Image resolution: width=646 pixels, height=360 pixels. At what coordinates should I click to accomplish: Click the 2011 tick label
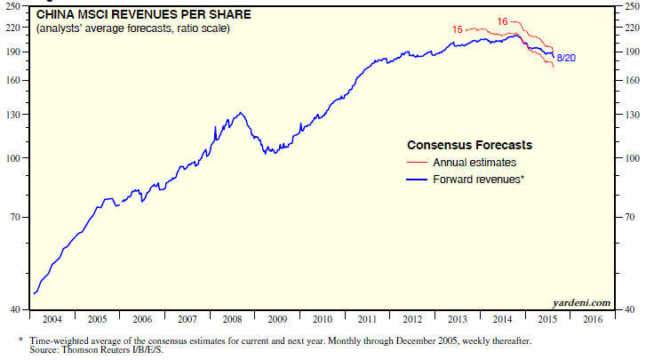pyautogui.click(x=366, y=318)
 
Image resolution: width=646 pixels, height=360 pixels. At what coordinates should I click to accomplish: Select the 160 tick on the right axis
pyautogui.click(x=630, y=81)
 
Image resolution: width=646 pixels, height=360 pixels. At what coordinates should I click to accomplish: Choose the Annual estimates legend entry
pyautogui.click(x=474, y=163)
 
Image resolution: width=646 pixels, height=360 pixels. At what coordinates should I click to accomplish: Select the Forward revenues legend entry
pyautogui.click(x=479, y=180)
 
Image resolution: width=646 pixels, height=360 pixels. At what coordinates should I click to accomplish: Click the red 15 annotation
pyautogui.click(x=457, y=29)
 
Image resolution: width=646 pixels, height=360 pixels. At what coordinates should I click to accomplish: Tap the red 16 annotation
pyautogui.click(x=502, y=20)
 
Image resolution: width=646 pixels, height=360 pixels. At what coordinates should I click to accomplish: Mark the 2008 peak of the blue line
pyautogui.click(x=241, y=113)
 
